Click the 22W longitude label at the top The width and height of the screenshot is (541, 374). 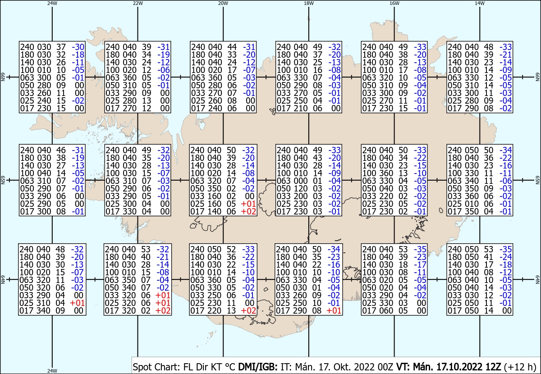point(138,3)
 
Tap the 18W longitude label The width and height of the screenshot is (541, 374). point(309,3)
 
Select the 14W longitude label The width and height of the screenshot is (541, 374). point(480,3)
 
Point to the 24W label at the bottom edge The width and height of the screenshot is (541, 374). point(52,371)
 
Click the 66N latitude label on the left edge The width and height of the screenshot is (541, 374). point(3,78)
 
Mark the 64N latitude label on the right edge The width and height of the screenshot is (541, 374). point(537,280)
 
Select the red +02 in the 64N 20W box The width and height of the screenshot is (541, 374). point(248,310)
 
